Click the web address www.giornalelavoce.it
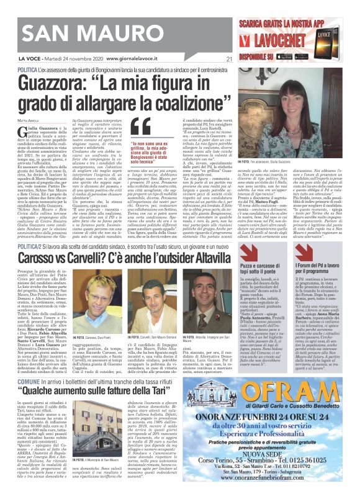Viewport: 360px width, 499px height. coord(138,59)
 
